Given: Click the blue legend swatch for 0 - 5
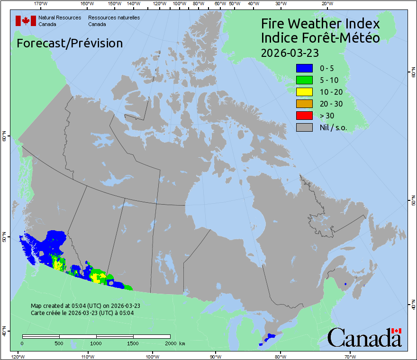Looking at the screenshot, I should pos(304,68).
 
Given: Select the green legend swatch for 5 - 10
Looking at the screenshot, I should pos(304,80).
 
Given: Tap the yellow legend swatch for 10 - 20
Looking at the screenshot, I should pos(304,92).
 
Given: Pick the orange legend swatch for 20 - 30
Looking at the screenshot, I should pos(304,104).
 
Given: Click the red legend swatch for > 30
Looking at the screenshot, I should pos(304,116).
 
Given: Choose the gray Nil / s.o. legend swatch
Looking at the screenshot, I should pos(304,127).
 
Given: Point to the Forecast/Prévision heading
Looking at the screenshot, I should pos(70,43).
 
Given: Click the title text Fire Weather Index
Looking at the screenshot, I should pos(320,24).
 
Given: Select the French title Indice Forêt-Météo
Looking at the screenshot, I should pos(320,38).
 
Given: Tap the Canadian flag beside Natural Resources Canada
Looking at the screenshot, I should pos(26,21).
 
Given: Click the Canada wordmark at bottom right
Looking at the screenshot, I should pos(364,338).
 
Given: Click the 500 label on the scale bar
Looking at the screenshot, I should pos(59,343).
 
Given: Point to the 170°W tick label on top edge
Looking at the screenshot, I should pos(41,4).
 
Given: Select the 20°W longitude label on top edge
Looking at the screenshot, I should pos(326,4).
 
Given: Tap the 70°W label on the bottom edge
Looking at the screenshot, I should pos(350,356).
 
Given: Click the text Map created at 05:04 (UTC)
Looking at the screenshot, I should pos(85,306).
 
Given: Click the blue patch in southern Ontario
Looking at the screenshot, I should pos(271,336).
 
